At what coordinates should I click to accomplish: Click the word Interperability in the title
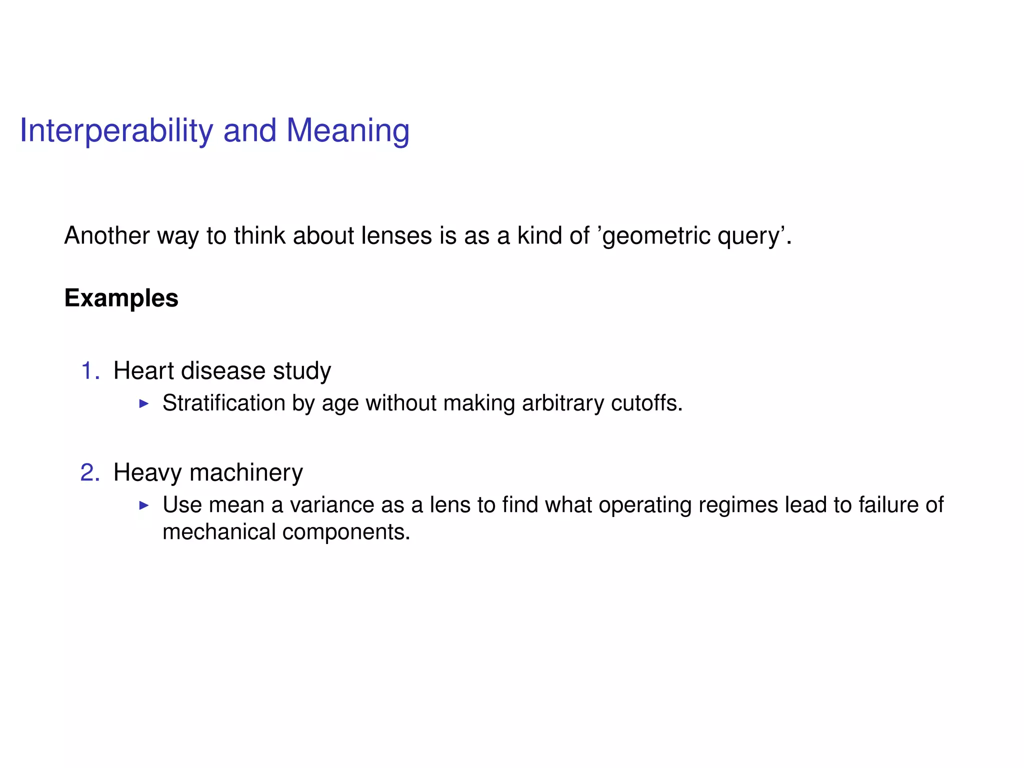116,131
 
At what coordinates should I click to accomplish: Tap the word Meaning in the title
347,131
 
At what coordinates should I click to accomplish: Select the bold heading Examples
121,298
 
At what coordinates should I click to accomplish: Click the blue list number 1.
89,371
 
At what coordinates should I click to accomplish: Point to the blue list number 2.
89,472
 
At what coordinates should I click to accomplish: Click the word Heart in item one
143,371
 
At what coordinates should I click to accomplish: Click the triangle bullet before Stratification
144,403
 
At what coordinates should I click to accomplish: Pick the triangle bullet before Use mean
144,505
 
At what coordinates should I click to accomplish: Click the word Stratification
223,403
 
